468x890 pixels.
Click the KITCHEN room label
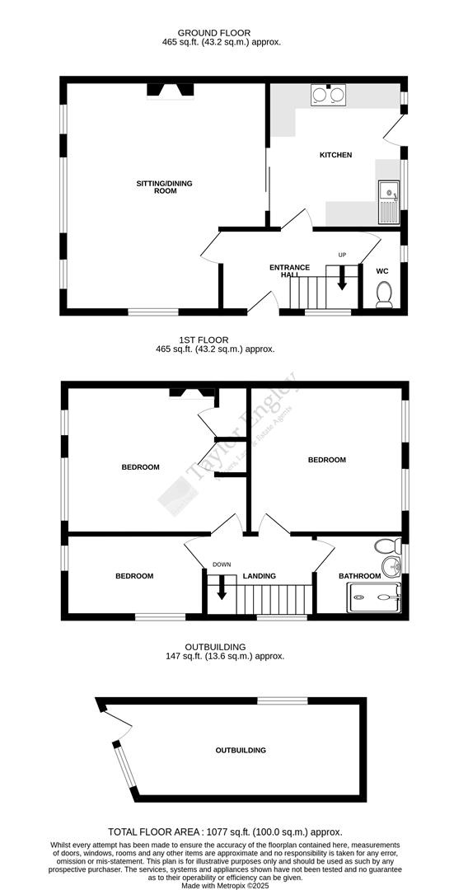pos(335,155)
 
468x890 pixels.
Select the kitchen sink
pos(386,201)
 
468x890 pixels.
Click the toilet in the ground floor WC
pos(384,294)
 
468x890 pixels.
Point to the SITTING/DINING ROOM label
pos(165,187)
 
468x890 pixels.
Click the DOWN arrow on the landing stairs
pos(221,588)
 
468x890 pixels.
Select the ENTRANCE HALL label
pos(289,270)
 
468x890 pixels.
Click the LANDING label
pos(260,576)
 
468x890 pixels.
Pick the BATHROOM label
pos(360,576)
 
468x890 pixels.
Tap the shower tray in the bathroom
pos(374,597)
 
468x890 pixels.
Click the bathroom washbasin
pos(392,567)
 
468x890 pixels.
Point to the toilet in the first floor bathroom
pos(385,546)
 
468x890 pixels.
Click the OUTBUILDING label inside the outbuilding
pos(241,751)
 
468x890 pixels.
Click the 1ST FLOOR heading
pos(204,340)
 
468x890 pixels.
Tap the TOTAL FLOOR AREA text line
pos(225,832)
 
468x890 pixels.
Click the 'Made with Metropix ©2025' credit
pos(225,885)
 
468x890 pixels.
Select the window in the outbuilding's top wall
pos(283,700)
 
